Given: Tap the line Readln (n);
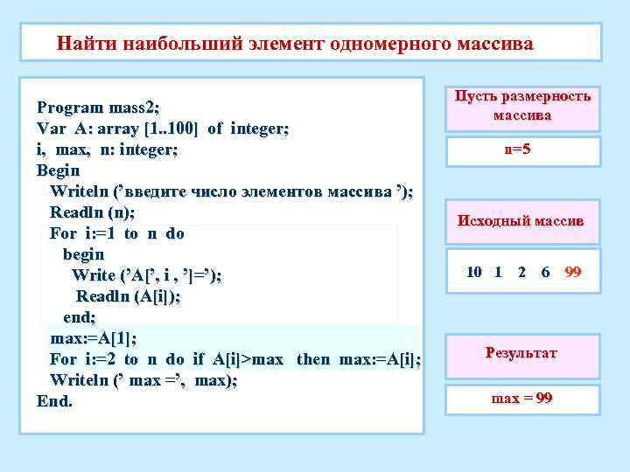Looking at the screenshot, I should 92,212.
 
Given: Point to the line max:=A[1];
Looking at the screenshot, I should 94,338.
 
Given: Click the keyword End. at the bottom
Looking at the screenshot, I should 55,401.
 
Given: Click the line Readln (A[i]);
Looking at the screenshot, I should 128,296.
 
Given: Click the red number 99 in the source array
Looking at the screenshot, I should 573,272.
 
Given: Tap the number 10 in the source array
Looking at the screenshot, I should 474,272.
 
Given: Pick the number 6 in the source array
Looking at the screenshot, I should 546,272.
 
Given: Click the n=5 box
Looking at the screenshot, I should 517,149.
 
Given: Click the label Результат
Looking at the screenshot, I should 521,353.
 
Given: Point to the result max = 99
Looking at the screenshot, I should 521,399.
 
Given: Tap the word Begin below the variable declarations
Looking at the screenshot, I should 58,170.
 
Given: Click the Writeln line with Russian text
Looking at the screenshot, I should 231,191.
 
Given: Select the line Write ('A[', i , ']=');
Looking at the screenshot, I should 147,275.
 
